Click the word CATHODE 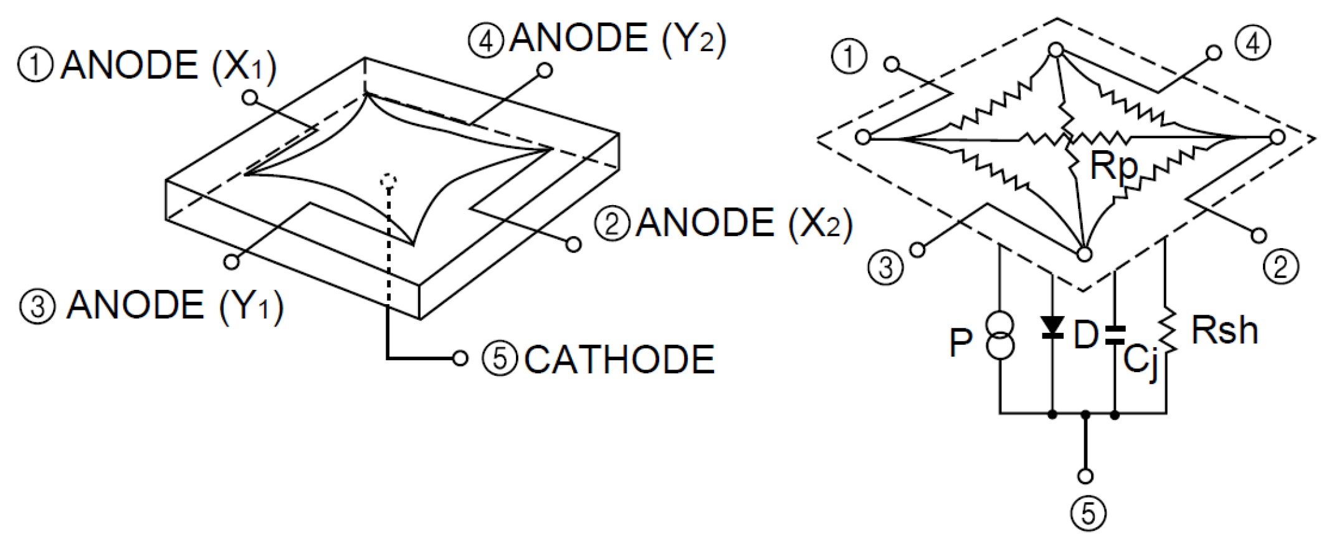coord(619,360)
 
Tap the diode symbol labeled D coord(1052,327)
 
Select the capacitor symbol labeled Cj coord(1115,335)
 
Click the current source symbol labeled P coord(1000,336)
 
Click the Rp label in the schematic coord(1114,166)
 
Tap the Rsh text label coord(1224,330)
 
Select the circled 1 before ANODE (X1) coord(36,66)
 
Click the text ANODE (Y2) coord(617,39)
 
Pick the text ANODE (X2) coord(743,223)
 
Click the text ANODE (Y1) coord(175,305)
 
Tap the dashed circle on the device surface coord(389,181)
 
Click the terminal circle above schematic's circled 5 coord(1085,476)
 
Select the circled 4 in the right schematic coord(1253,44)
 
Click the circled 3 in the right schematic coord(885,267)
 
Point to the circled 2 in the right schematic coord(1280,267)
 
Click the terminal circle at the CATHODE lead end coord(460,358)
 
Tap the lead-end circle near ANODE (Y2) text coord(545,70)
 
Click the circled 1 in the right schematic coord(849,57)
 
